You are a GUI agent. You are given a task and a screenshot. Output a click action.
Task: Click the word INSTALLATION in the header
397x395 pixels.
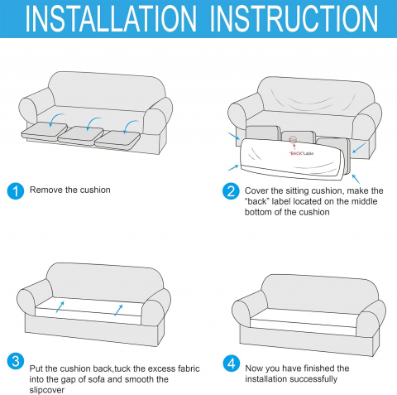[x=111, y=19]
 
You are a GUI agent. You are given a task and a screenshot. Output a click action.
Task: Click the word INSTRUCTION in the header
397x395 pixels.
[x=294, y=19]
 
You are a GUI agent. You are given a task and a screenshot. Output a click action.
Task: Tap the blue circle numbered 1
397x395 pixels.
[x=16, y=191]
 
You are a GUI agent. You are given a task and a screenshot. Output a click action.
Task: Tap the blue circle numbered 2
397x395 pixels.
[x=231, y=191]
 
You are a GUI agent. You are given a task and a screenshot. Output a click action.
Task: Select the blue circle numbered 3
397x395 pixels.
[x=16, y=361]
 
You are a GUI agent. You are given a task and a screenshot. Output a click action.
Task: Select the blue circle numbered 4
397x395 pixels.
[x=232, y=364]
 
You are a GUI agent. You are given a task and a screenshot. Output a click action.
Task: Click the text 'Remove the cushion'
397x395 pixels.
[x=70, y=190]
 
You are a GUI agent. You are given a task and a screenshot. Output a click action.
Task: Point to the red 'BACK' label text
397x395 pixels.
[x=296, y=153]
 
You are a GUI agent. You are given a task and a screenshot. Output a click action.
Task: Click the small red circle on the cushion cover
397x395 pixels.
[x=293, y=139]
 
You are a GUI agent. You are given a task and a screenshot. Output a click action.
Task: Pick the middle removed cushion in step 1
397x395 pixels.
[x=80, y=134]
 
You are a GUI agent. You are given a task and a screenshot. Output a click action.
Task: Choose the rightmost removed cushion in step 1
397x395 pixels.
[x=117, y=139]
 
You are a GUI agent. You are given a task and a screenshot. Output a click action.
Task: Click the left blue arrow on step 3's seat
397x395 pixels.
[x=60, y=307]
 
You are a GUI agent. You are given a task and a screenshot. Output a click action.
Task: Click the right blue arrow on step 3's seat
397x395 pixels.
[x=118, y=311]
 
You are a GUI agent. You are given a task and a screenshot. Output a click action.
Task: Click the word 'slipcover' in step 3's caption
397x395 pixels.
[x=47, y=390]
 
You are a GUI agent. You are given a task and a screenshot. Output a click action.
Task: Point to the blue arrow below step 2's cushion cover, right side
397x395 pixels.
[x=356, y=179]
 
